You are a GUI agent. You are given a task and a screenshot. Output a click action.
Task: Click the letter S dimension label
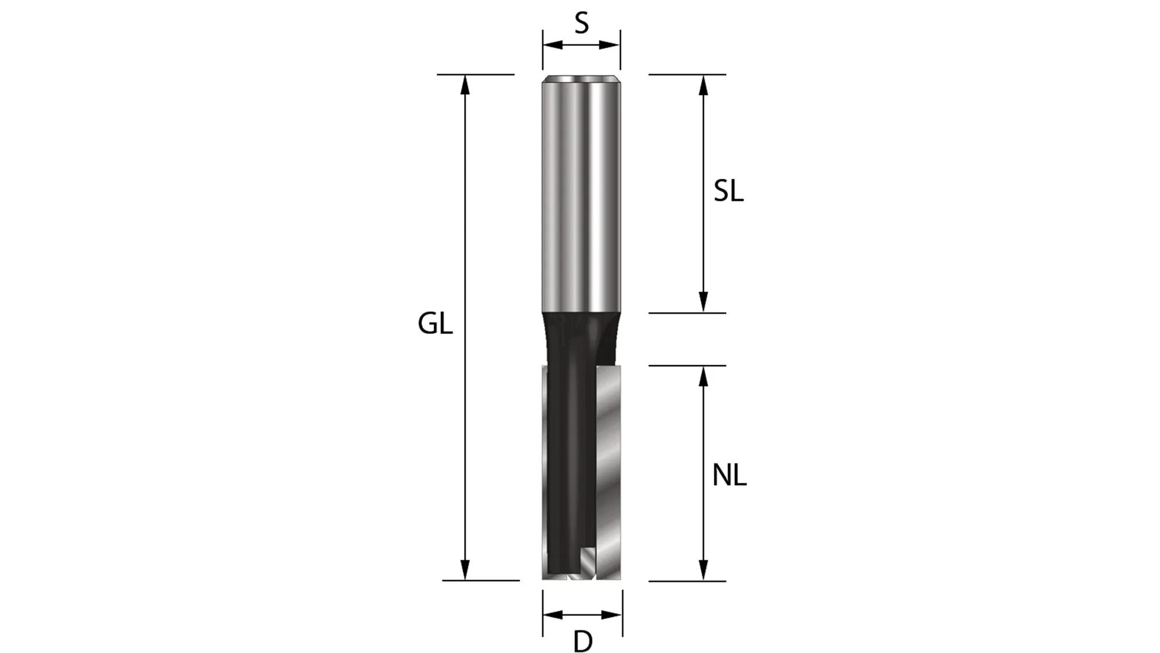[x=581, y=24]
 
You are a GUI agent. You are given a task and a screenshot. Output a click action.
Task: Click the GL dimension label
[x=435, y=324]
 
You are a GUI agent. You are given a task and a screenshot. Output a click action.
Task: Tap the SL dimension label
[x=728, y=191]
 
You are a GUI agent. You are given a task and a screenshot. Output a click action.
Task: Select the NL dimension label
[x=729, y=476]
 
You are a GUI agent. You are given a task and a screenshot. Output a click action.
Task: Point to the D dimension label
[x=583, y=641]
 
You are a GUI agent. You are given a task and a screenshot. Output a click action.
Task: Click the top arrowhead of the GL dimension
[x=465, y=84]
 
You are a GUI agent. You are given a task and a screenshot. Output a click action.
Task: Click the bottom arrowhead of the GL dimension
[x=465, y=570]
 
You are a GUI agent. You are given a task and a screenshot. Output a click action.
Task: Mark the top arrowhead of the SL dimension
[x=703, y=85]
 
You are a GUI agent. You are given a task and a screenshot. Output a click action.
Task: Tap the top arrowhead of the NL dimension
[x=703, y=376]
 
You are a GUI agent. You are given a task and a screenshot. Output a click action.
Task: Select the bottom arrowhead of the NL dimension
[x=703, y=570]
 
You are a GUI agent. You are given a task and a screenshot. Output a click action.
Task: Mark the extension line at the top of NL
[x=687, y=366]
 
